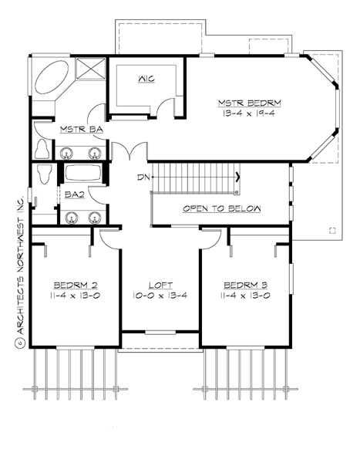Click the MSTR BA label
[x=76, y=130]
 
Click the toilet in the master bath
[x=43, y=147]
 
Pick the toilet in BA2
[x=45, y=175]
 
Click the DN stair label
[x=142, y=177]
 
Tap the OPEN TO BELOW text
[x=221, y=209]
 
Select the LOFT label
[x=160, y=282]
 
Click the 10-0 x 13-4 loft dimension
[x=160, y=295]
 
